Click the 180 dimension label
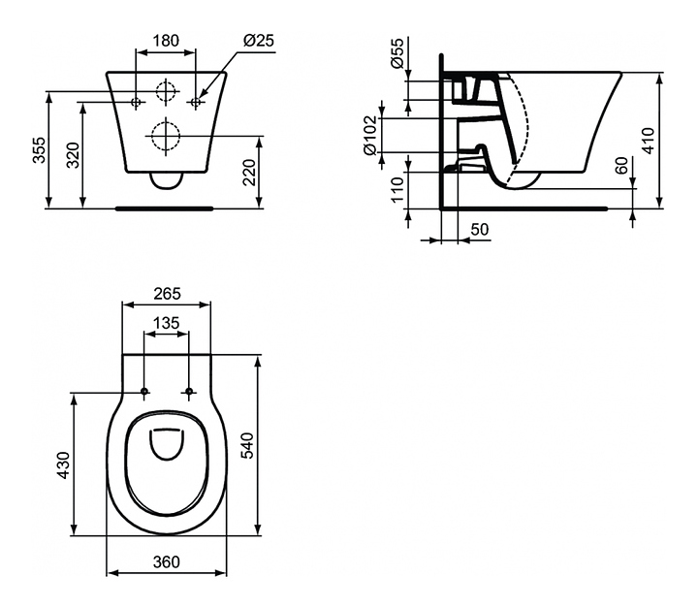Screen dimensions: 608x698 click(166, 41)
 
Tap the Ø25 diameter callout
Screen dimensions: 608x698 click(259, 41)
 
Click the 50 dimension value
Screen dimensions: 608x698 click(478, 230)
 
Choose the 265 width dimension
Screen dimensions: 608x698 click(166, 293)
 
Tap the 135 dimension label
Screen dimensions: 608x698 click(166, 323)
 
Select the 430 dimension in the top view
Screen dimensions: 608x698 click(64, 464)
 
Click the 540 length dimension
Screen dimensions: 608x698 click(273, 446)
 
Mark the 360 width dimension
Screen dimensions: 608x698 click(166, 561)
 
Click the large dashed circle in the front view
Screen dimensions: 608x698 click(167, 134)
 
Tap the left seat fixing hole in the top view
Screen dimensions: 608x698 click(144, 392)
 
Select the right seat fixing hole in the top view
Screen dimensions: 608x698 click(189, 392)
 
